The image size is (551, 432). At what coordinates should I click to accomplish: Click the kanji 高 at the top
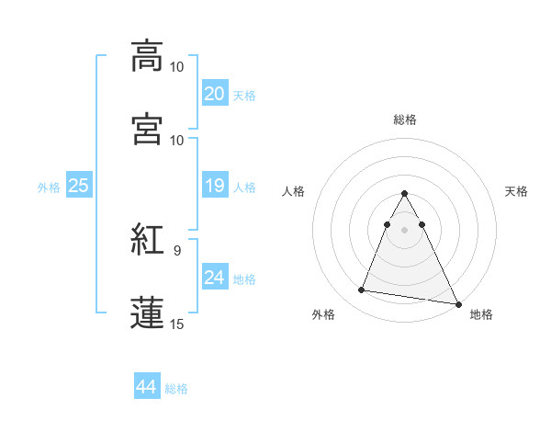tap(147, 56)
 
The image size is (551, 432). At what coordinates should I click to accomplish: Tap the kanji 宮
tap(147, 128)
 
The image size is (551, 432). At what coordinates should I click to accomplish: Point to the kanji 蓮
tap(147, 312)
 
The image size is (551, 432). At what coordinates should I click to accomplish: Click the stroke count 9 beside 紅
tap(177, 248)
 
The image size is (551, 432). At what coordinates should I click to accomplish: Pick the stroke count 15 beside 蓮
tap(177, 323)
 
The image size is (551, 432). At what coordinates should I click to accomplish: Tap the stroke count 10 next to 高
tap(177, 67)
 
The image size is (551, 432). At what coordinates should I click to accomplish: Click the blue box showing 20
tap(214, 94)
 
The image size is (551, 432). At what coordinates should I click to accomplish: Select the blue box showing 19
tap(214, 186)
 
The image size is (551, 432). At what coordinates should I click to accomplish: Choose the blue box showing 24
tap(214, 278)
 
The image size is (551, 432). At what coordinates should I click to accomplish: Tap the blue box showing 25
tap(79, 186)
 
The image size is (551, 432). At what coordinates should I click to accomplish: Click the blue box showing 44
tap(146, 387)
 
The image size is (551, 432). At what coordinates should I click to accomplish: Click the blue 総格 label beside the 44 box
tap(176, 389)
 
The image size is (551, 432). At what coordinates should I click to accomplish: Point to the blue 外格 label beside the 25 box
tap(49, 188)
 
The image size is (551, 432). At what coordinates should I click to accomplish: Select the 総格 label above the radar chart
tap(404, 119)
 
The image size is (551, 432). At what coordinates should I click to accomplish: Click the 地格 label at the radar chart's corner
tap(481, 314)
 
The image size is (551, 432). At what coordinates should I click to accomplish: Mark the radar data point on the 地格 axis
tap(456, 304)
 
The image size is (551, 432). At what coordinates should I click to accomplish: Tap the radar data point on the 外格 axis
tap(362, 290)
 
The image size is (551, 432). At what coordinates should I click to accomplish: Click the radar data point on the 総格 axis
tap(404, 194)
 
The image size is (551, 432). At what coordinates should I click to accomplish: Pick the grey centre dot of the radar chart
tap(404, 229)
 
